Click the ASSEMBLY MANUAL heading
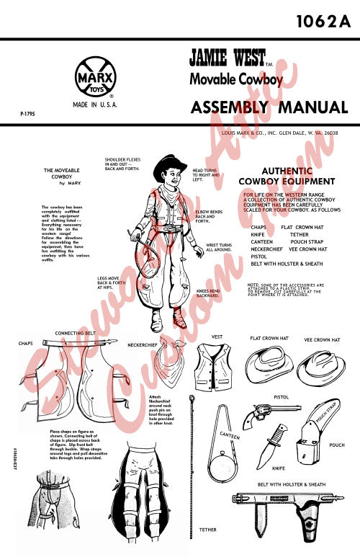(x=269, y=108)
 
